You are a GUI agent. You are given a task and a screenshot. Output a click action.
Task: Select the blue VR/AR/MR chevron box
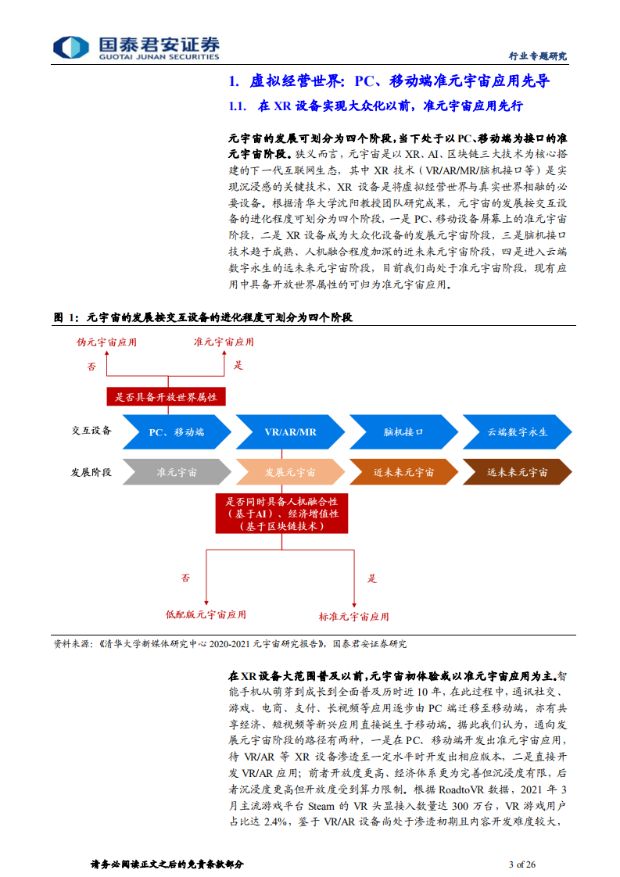pos(290,431)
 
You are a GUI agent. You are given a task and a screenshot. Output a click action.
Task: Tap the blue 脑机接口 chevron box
pos(403,431)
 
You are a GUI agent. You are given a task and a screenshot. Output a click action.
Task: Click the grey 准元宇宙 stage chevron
pos(177,473)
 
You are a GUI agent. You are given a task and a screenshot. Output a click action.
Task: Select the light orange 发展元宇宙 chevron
pos(290,473)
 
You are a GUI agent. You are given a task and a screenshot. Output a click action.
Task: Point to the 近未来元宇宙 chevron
pos(403,473)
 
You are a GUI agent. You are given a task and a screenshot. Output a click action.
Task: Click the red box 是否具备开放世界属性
pos(166,397)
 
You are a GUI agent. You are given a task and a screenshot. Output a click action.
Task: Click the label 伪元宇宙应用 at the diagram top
pos(106,342)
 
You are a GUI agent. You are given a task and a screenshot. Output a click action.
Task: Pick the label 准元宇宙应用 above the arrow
pos(224,342)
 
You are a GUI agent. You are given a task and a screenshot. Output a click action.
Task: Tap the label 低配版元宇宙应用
pos(206,614)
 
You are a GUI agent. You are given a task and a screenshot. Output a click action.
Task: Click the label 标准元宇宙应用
pos(353,616)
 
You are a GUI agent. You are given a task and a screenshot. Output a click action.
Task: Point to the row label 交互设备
pos(91,431)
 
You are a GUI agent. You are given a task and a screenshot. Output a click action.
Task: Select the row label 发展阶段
pos(91,473)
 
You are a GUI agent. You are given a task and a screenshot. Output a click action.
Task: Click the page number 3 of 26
pos(521,864)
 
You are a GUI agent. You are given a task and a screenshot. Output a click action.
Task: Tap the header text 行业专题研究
pos(537,56)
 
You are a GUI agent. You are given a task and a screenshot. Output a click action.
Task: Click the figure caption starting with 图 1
pos(202,317)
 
